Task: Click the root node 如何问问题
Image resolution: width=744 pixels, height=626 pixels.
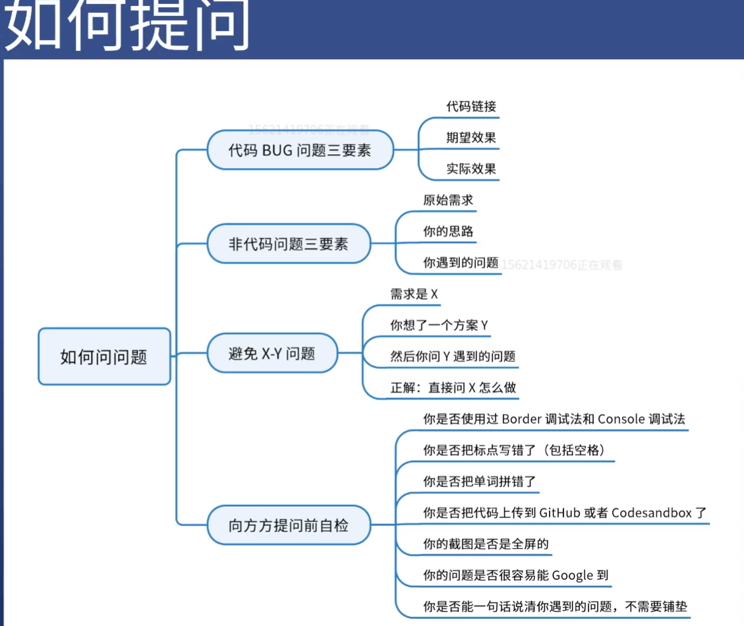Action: tap(104, 356)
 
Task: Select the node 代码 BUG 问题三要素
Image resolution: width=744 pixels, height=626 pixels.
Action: tap(300, 150)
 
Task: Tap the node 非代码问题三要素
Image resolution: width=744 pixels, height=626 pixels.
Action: tap(288, 244)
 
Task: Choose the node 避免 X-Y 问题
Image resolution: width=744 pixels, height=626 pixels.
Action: tap(272, 353)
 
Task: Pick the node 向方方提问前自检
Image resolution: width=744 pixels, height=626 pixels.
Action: tap(288, 525)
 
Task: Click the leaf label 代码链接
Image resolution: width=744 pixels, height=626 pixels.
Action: tap(471, 106)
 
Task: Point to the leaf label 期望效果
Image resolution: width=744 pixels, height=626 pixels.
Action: tap(471, 138)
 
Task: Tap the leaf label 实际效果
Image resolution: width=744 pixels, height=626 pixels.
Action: tap(471, 169)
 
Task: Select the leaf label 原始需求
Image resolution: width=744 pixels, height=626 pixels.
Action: tap(448, 200)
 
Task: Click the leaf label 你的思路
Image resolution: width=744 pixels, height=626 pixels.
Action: tap(448, 231)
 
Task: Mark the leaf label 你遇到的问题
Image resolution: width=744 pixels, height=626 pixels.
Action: tap(461, 262)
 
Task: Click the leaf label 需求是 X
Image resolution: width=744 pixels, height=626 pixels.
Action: tap(414, 295)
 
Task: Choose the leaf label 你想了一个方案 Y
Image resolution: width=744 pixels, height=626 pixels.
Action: tap(439, 325)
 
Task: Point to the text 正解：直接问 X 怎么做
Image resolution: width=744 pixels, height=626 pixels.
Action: tap(453, 387)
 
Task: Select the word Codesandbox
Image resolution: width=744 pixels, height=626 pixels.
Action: tap(651, 513)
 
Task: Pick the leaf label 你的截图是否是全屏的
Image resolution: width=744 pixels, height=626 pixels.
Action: tap(486, 544)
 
